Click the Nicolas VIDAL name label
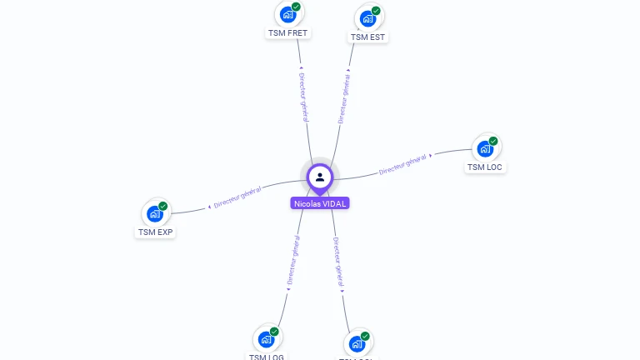(320, 203)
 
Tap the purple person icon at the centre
(320, 177)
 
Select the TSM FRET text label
(287, 33)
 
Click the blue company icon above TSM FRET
(287, 14)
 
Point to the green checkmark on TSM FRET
(296, 7)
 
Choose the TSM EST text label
(368, 37)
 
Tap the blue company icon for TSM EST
(367, 18)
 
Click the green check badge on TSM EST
(376, 11)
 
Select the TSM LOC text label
(486, 167)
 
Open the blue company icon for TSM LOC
(485, 149)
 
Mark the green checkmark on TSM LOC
(493, 142)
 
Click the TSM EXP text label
(156, 232)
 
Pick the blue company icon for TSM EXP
(155, 213)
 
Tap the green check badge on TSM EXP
(163, 206)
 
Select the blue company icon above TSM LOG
(266, 339)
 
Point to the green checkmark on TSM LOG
(274, 332)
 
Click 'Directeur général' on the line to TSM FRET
(303, 97)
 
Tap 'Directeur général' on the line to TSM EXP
(237, 197)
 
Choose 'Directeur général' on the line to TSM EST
(343, 98)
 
